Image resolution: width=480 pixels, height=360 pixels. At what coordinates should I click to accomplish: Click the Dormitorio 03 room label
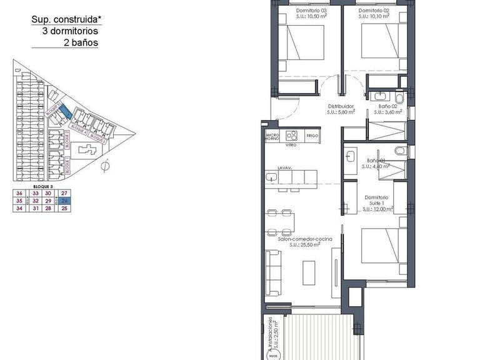(x=302, y=11)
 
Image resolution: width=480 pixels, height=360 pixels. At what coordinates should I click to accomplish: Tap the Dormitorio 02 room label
(x=374, y=11)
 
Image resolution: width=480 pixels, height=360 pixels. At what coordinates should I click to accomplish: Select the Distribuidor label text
(x=341, y=106)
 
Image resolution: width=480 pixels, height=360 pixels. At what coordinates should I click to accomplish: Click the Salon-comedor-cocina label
(x=305, y=240)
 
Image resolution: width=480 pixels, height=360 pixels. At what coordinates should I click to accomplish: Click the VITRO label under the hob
(x=291, y=145)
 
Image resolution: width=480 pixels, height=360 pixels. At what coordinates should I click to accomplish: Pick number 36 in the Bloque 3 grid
(x=19, y=194)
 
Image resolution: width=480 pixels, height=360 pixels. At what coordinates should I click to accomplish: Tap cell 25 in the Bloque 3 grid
(x=64, y=209)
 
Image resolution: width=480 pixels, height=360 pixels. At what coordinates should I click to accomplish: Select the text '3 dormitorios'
(x=71, y=31)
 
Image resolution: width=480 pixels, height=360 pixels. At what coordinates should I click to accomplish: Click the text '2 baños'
(x=81, y=43)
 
